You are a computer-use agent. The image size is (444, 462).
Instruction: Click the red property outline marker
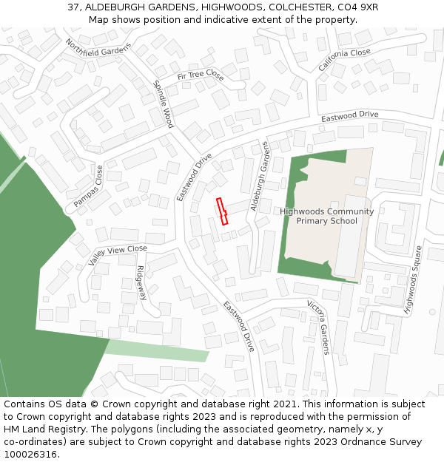(222, 211)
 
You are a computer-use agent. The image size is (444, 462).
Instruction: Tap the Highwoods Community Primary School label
(326, 216)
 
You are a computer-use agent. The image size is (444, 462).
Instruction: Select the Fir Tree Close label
(200, 75)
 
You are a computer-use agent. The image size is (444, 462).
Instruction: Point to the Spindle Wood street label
(163, 103)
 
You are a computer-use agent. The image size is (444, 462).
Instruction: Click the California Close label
(344, 60)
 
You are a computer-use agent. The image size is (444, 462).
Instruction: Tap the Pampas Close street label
(89, 186)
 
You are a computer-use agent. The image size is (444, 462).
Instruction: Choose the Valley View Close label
(118, 255)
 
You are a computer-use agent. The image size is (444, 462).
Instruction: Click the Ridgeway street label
(141, 282)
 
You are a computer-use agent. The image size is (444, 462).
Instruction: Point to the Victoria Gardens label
(319, 327)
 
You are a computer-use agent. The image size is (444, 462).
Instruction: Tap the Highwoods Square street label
(412, 281)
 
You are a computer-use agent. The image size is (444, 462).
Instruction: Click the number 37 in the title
(73, 7)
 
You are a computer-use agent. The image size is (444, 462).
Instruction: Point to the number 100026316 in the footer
(30, 455)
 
